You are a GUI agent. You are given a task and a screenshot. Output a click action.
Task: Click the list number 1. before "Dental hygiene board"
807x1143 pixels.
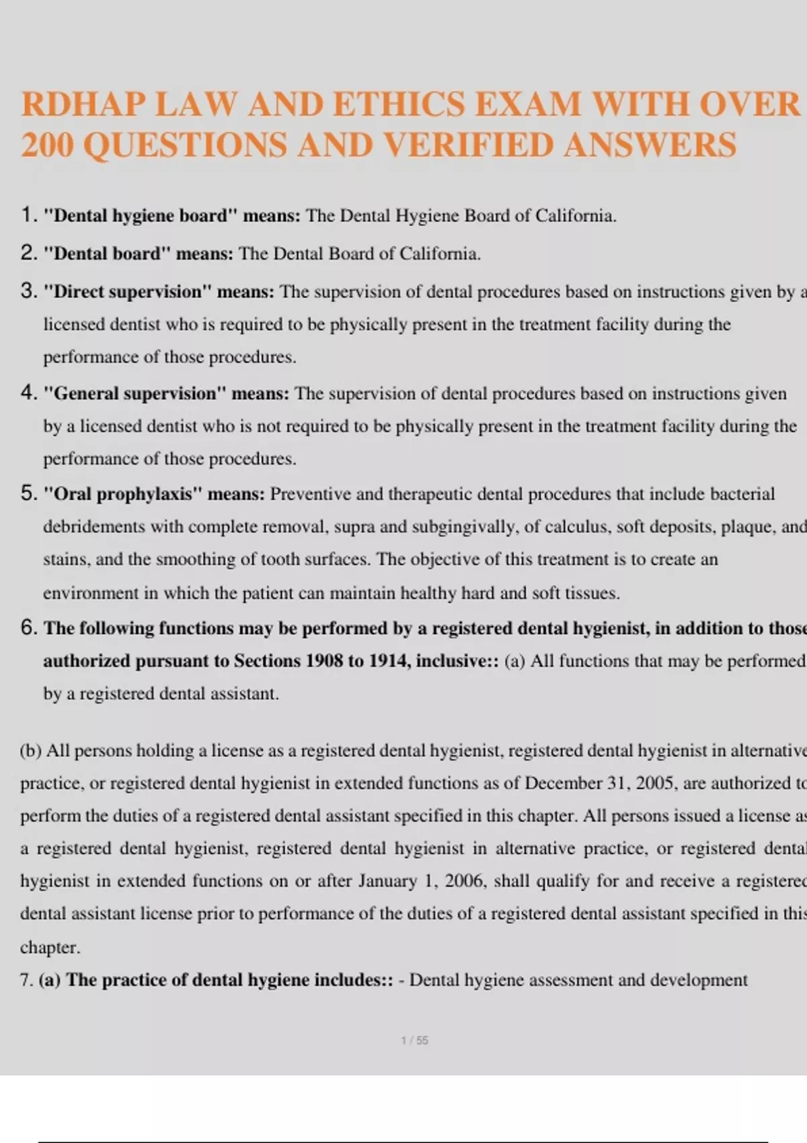coord(29,215)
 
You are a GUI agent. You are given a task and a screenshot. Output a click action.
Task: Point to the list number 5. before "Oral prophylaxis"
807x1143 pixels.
coord(29,494)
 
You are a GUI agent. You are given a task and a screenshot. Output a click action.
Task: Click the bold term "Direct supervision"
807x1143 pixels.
coord(128,292)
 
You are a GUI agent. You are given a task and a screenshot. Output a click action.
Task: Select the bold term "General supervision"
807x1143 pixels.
coord(132,393)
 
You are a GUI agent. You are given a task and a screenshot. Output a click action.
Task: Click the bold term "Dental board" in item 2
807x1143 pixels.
coord(108,253)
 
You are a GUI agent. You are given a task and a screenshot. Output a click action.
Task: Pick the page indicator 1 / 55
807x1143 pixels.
coord(414,1040)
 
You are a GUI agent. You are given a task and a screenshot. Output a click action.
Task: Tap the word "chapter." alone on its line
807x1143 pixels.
coord(50,947)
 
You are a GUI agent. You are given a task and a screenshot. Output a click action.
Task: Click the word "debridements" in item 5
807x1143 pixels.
coord(94,526)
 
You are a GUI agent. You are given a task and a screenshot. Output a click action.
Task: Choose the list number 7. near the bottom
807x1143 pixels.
coord(26,980)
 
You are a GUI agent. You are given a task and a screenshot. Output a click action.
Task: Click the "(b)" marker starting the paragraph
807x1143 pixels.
coord(31,750)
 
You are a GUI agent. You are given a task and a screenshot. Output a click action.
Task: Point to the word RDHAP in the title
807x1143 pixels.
coord(83,104)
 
